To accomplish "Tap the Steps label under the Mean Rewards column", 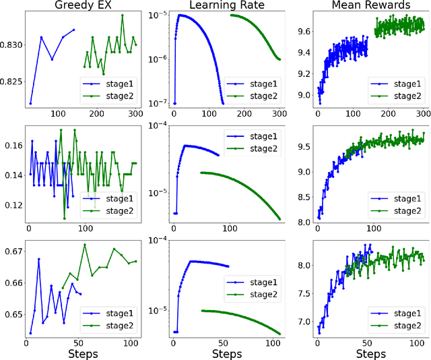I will point(371,353).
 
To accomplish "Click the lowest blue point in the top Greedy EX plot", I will point(30,103).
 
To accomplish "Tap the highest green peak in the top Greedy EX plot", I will point(123,15).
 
